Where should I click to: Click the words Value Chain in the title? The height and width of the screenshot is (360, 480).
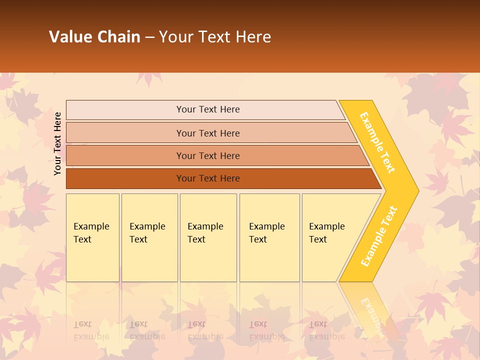94,36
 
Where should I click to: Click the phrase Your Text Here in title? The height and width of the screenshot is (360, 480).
215,36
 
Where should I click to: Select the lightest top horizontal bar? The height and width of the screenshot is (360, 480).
207,109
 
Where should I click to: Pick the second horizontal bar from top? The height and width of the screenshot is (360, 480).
207,133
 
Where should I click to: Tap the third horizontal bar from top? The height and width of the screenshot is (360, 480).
207,155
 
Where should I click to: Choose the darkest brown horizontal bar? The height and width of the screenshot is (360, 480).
207,178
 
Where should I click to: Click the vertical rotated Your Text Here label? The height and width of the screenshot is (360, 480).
57,143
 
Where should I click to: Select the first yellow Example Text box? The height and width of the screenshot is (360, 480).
92,237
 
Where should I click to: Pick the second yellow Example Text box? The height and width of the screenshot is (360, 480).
149,237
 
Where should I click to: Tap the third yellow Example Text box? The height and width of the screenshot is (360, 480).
208,237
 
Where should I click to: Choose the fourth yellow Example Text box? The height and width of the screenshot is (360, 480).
269,237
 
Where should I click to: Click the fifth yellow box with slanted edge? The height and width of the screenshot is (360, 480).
330,237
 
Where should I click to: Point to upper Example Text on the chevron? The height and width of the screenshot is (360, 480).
377,142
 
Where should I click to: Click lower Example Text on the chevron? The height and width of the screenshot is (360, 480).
379,236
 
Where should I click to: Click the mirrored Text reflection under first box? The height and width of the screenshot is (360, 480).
82,324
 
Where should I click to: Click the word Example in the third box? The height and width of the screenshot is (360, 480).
205,226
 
